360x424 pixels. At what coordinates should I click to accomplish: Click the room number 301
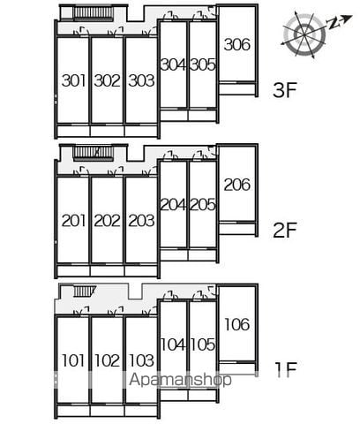pos(73,80)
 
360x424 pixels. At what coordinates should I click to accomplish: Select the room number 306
pos(237,44)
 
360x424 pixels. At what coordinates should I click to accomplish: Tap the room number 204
pos(173,205)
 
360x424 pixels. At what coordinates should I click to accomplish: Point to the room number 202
pos(108,221)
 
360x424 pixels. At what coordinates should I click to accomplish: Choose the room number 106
pos(237,324)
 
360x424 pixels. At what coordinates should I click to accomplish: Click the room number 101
pos(73,360)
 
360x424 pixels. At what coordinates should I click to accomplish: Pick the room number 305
pos(203,64)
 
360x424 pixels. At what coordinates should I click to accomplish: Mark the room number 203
pos(141,221)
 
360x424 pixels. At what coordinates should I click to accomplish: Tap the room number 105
pos(203,344)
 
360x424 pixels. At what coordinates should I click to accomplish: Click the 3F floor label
pos(284,90)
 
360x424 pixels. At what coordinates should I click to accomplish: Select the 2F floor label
pos(284,231)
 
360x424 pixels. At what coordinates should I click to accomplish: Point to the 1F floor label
pos(285,370)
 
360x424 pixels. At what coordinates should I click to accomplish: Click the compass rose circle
pos(304,34)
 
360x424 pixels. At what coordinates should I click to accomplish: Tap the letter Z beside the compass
pos(334,24)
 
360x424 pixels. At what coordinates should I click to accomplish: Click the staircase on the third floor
pos(93,13)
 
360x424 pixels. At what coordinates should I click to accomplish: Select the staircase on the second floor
pos(93,154)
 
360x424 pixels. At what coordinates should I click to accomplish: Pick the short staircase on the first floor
pos(84,291)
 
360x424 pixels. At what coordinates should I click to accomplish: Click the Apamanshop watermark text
pos(181,380)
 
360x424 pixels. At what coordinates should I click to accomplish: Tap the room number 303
pos(141,80)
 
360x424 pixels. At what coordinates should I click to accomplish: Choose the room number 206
pos(237,185)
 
